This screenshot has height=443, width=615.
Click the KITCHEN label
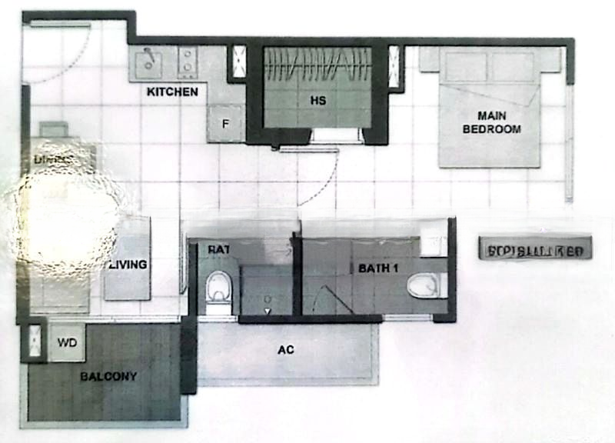point(173,92)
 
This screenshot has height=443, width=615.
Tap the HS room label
point(317,101)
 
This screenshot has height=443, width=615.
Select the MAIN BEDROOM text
point(491,123)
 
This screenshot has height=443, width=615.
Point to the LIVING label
point(128,265)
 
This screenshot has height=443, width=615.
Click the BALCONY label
point(108,376)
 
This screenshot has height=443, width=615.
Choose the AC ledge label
point(286,350)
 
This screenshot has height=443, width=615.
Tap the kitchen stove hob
point(187,62)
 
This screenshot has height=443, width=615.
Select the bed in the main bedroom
point(489,108)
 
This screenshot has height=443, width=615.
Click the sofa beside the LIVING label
point(128,258)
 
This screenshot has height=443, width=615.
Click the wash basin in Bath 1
point(434,243)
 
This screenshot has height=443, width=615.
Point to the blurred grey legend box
point(535,248)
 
